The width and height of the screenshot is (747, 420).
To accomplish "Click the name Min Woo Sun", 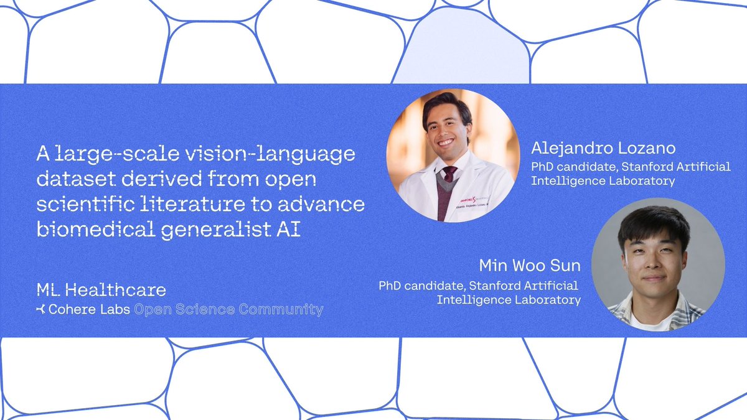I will pos(529,266).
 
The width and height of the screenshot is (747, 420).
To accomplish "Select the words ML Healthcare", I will pos(101,290).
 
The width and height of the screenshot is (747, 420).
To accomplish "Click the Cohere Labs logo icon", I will pos(41,309).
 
